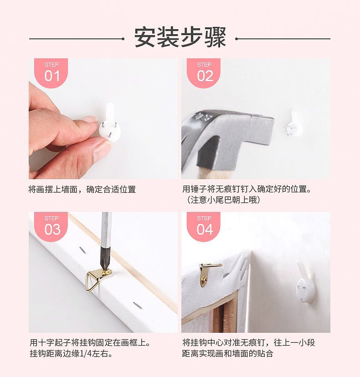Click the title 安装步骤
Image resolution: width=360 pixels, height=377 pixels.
[x=180, y=38]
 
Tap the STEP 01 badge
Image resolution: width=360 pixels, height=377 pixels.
[x=51, y=73]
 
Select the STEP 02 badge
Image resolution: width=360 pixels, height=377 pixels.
[x=204, y=73]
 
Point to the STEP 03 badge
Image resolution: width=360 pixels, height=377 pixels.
[x=51, y=227]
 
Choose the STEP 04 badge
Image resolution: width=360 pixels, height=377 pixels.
[x=204, y=227]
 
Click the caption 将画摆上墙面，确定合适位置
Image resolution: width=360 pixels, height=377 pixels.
[x=82, y=190]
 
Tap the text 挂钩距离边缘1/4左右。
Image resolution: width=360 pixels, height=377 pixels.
[x=72, y=353]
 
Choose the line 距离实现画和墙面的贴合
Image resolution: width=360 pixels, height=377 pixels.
[x=227, y=353]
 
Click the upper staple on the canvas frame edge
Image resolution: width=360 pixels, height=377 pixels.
[x=82, y=250]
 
